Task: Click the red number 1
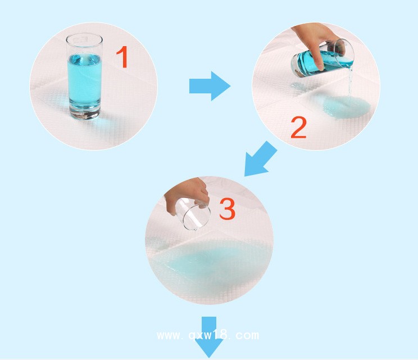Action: [122, 57]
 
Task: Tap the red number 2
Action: [298, 128]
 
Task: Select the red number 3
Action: [228, 209]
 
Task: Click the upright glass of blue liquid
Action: [84, 76]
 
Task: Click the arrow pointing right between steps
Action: [210, 86]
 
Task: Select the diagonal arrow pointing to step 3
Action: [260, 159]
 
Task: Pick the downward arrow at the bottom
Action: [209, 337]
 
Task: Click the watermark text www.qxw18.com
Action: [208, 335]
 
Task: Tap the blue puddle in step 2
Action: [346, 106]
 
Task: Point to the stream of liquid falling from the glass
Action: [350, 83]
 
